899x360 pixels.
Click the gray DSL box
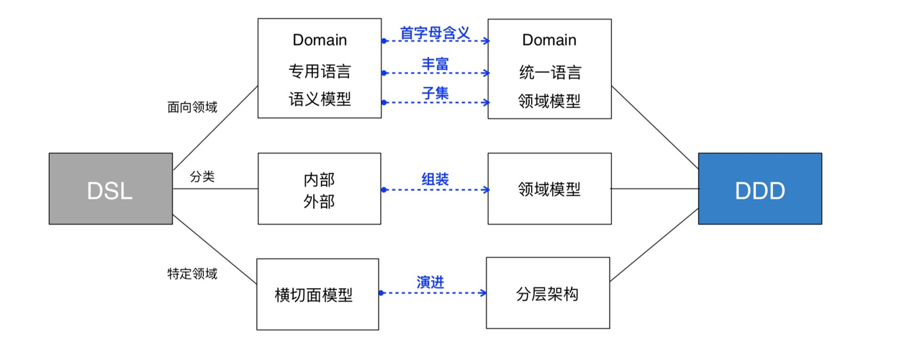pos(111,189)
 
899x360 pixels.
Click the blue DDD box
pos(759,189)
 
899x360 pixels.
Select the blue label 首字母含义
pos(435,32)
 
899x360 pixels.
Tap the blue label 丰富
pos(435,63)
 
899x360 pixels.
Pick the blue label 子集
pos(435,93)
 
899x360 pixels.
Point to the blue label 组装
pos(435,179)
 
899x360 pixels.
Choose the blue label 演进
pos(430,282)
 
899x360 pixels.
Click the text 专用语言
pos(320,72)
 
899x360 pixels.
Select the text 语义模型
pos(320,100)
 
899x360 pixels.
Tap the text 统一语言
pos(550,72)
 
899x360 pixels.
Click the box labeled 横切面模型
pos(317,294)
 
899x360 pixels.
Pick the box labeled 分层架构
pos(548,294)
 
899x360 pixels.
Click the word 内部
pos(320,179)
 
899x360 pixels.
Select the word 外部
pos(320,201)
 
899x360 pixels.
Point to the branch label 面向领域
pos(192,107)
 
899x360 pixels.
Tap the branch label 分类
pos(202,177)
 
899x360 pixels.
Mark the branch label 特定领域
pos(192,274)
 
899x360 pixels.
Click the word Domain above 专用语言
pos(320,40)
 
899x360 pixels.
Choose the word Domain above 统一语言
pos(550,40)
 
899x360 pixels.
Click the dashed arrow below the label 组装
pos(435,190)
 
